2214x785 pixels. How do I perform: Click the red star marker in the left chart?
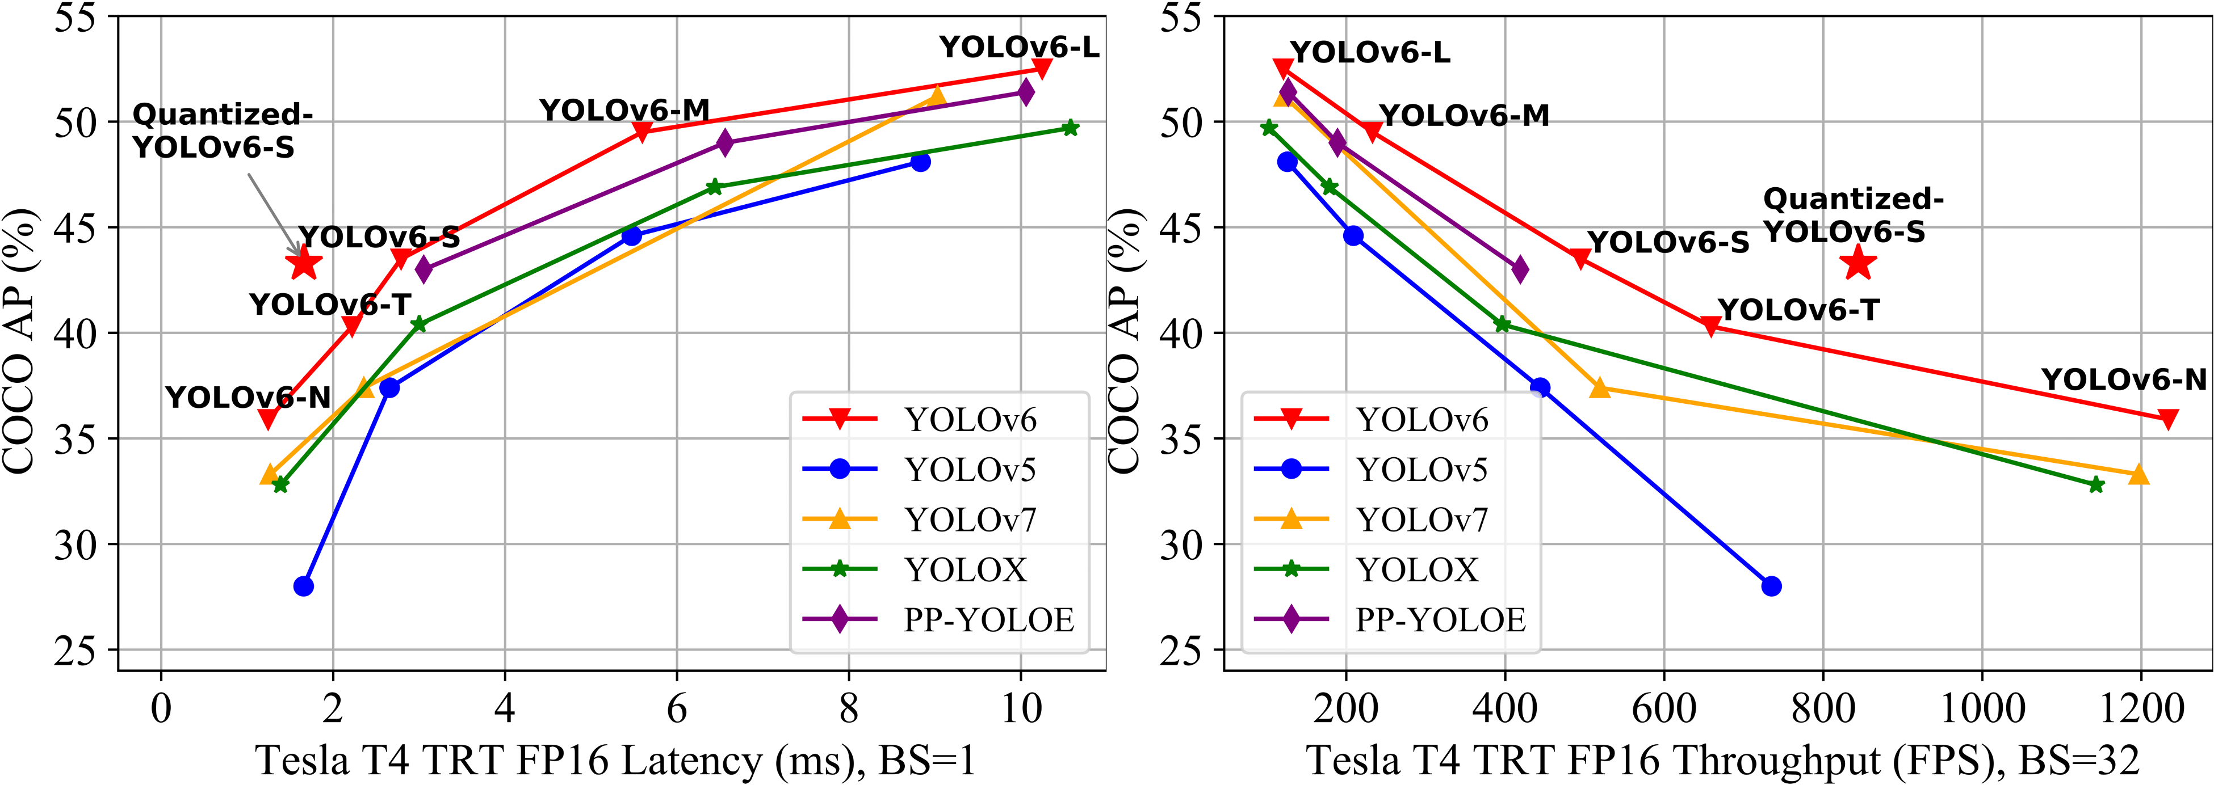(303, 263)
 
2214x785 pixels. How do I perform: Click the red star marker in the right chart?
(1858, 263)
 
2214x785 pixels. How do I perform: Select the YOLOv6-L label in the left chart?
(1018, 47)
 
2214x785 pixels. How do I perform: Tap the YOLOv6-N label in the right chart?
(2124, 379)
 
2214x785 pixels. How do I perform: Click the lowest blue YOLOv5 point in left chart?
(303, 586)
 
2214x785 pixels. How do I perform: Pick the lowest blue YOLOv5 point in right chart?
(1771, 586)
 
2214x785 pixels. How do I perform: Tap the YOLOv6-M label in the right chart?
(1464, 116)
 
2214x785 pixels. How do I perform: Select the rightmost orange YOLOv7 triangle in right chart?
(2138, 475)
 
